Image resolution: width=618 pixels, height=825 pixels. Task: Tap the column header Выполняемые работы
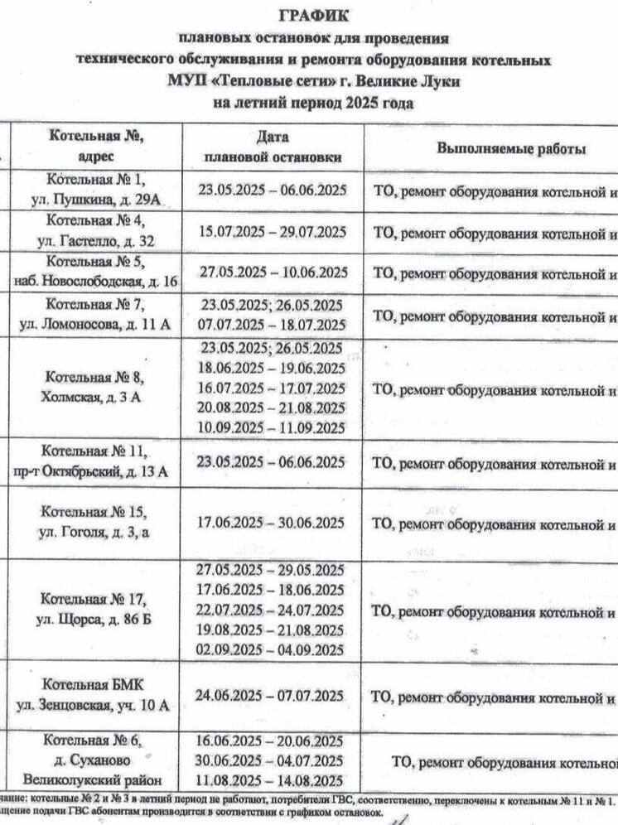click(511, 149)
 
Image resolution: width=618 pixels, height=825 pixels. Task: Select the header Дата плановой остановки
click(272, 147)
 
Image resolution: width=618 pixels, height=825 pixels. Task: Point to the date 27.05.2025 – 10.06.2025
click(272, 272)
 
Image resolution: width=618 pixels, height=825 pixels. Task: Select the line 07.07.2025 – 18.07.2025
click(272, 325)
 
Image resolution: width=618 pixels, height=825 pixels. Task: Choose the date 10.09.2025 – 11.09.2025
click(272, 428)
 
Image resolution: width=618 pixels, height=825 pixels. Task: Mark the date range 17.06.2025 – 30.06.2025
click(272, 523)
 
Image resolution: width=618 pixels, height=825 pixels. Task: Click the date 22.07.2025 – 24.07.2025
click(272, 610)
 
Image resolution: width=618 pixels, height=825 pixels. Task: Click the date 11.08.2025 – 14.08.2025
click(272, 780)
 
